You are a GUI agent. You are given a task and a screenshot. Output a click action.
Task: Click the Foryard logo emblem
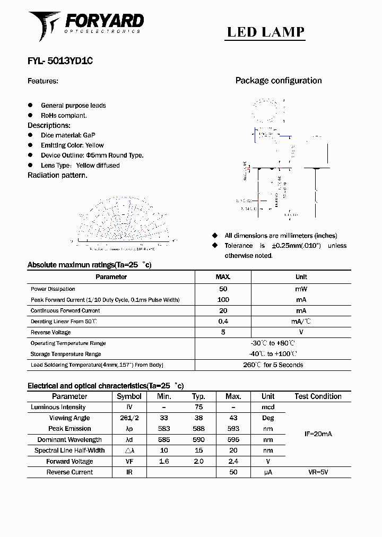(45, 25)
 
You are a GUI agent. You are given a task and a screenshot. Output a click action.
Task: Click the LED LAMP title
(265, 32)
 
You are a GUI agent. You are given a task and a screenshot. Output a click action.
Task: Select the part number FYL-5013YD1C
(60, 61)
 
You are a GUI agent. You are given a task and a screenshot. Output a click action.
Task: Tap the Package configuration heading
(279, 81)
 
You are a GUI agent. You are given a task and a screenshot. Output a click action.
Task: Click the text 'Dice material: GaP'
(68, 135)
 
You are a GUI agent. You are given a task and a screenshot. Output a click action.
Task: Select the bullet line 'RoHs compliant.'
(64, 115)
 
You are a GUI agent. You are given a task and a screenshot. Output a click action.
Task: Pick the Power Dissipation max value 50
(223, 289)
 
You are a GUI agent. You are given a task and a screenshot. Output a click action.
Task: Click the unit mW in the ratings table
(301, 289)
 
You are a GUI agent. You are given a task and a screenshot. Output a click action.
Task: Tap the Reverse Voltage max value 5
(223, 332)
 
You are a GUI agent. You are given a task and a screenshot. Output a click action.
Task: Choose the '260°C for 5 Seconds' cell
(273, 365)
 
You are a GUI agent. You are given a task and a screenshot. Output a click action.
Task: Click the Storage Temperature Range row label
(66, 354)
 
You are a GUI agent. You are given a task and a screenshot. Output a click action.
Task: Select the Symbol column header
(129, 396)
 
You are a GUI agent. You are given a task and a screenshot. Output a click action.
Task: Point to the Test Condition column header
(318, 396)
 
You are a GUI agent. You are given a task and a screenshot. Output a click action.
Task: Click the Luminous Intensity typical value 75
(198, 407)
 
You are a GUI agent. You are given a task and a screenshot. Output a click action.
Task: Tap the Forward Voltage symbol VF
(129, 462)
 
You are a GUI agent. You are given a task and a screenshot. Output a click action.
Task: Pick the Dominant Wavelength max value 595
(233, 440)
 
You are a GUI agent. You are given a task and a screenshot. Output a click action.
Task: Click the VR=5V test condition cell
(318, 472)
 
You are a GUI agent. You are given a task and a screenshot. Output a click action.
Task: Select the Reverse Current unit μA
(268, 472)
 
